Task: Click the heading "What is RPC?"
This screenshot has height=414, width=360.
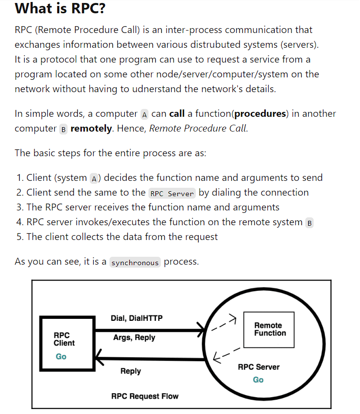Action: [60, 8]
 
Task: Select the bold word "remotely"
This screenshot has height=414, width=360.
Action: [92, 128]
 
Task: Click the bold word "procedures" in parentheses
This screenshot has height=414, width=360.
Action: [260, 113]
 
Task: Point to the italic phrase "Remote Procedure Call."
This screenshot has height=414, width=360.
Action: [199, 128]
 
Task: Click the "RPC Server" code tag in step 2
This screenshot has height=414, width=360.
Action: [172, 193]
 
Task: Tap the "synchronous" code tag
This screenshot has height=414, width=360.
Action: [135, 262]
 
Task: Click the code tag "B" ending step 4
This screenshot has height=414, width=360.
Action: [310, 223]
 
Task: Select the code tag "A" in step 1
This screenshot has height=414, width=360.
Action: [95, 178]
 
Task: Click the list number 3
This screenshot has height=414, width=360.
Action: [19, 207]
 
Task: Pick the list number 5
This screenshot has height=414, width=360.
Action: [19, 237]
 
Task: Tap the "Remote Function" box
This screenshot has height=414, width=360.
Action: [269, 329]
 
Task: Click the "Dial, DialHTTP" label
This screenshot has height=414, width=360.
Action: [137, 318]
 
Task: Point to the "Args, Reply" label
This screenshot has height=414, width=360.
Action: [134, 338]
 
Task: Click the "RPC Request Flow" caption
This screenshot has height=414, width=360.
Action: [145, 396]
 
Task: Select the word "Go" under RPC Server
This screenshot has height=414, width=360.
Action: [258, 379]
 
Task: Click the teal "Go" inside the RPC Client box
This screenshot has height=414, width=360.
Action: [61, 356]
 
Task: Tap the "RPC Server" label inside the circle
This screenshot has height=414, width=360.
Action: [258, 367]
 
